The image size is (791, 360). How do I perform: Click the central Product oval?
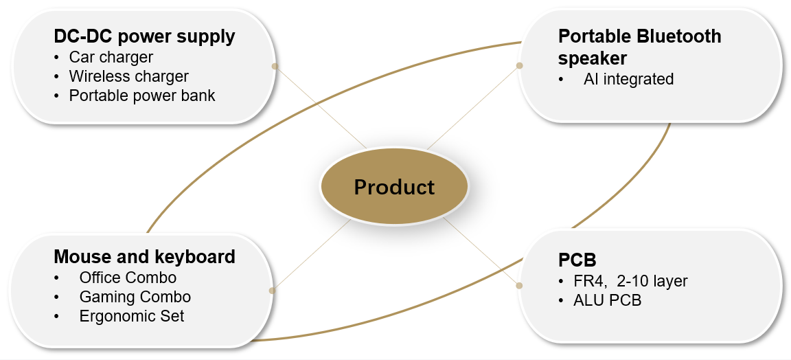point(394,187)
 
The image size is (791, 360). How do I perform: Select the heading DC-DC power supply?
point(144,36)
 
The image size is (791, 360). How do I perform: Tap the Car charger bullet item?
point(111,56)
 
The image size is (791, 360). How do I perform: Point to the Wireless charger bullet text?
point(128,76)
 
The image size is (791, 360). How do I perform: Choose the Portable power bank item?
point(142,95)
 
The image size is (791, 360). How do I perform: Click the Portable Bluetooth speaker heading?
point(639,45)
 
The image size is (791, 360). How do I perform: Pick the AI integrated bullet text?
point(628,79)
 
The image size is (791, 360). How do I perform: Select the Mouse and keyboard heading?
point(144,257)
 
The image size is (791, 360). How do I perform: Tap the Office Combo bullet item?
point(128,278)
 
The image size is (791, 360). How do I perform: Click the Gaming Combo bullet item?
point(135,297)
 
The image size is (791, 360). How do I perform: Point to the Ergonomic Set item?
point(132,316)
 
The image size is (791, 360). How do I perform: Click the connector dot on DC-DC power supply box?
point(275,66)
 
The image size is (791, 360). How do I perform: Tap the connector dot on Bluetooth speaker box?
point(519,66)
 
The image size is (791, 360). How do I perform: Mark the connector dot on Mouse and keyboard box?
point(272,291)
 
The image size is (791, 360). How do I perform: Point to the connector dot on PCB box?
point(519,284)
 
